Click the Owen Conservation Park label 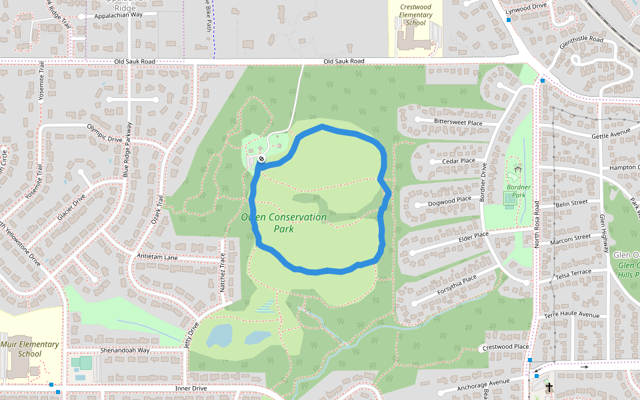(x=283, y=223)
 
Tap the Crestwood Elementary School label (x=415, y=15)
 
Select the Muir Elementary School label (x=29, y=349)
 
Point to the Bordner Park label (x=518, y=191)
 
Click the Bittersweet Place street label (x=457, y=122)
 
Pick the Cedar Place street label (x=459, y=161)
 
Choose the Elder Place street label (x=474, y=235)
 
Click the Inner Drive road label (x=192, y=388)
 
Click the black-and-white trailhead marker (x=261, y=159)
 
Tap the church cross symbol (x=549, y=387)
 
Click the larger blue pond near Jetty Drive (x=219, y=335)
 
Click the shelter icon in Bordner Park (x=517, y=169)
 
